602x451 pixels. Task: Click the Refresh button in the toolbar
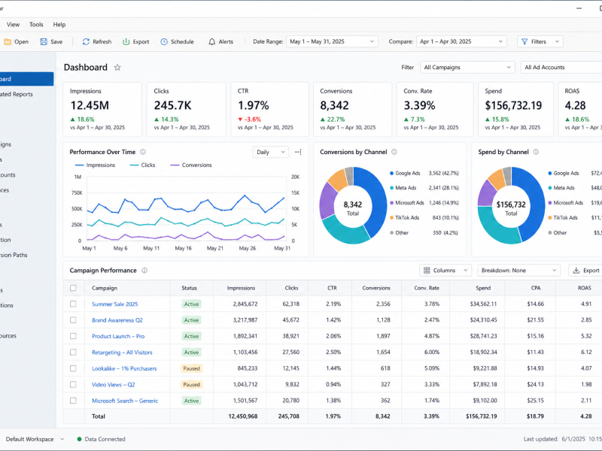coord(97,42)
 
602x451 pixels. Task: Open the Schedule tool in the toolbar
coord(177,42)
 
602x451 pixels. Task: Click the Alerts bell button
coord(220,42)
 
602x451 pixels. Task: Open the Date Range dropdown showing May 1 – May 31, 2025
coord(332,41)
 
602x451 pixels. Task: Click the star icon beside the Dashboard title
coord(117,68)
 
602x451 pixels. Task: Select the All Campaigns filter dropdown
coord(467,67)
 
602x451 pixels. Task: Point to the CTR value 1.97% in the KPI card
coord(254,105)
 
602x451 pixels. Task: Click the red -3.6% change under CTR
coord(250,120)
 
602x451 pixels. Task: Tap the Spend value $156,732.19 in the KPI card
coord(513,105)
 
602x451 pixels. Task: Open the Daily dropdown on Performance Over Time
coord(270,153)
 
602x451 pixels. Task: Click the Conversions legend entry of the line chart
coord(191,165)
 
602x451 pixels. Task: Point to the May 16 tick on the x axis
coord(183,248)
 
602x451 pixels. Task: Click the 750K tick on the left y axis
coord(77,193)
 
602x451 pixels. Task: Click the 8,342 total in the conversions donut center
coord(353,204)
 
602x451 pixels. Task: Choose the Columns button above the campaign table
coord(445,271)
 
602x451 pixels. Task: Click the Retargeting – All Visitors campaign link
coord(122,353)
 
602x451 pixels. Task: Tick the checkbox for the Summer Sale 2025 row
coord(73,304)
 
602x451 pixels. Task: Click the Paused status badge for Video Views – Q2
coord(191,385)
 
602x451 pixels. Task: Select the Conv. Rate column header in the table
coord(427,288)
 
